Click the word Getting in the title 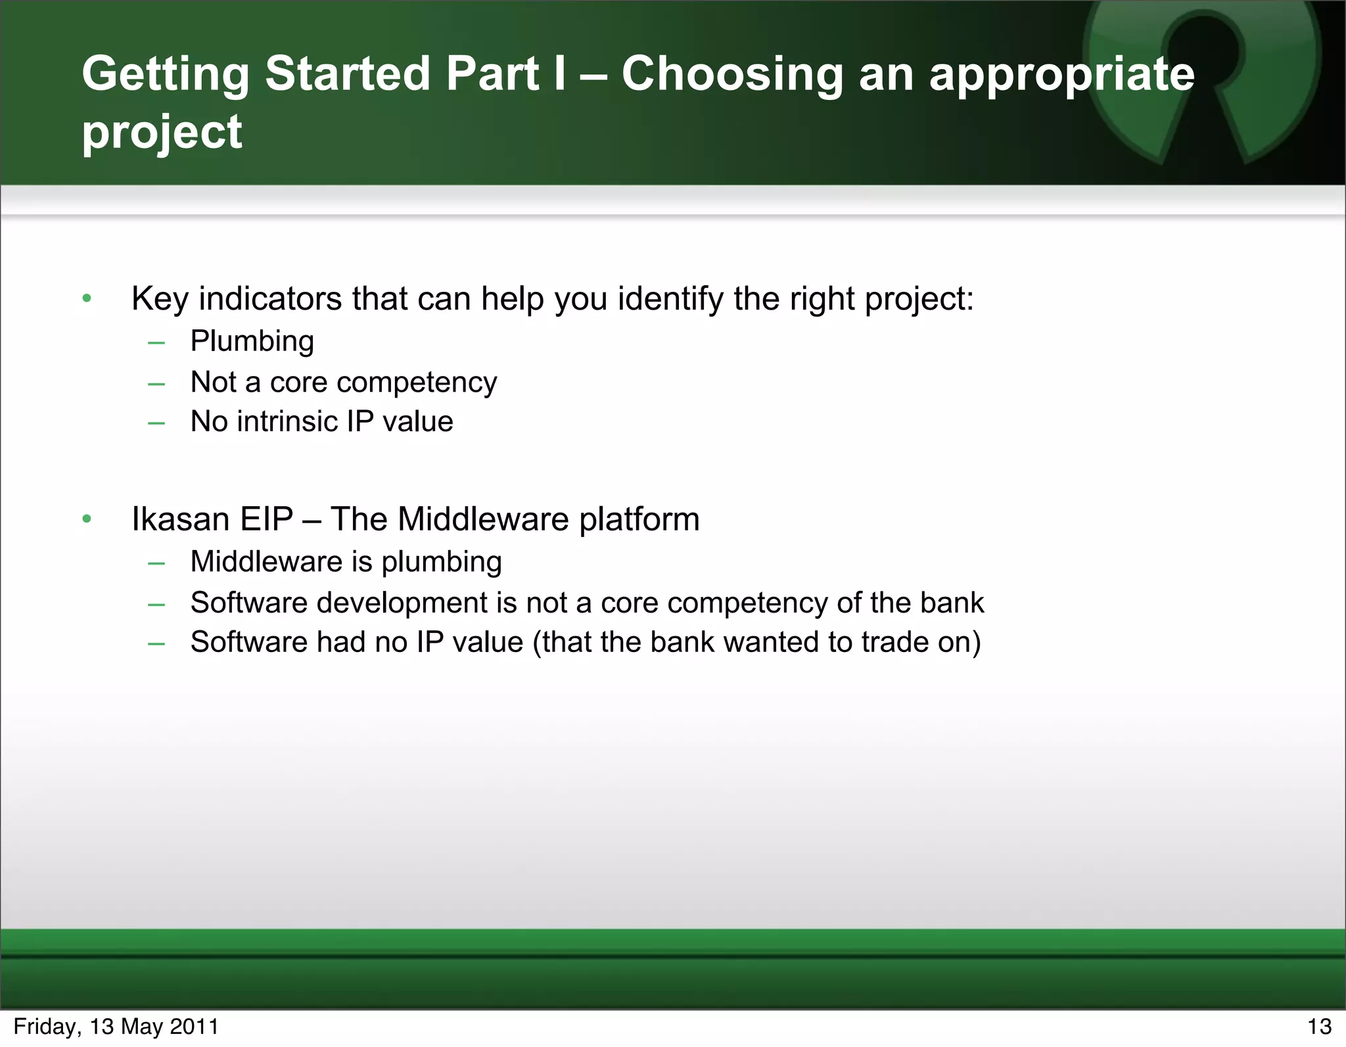tap(165, 74)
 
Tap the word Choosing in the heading tap(731, 74)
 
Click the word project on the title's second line tap(162, 131)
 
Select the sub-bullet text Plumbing tap(252, 341)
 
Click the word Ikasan tap(180, 519)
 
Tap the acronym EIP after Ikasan tap(266, 519)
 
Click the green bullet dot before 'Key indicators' tap(87, 300)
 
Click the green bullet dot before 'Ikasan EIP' tap(87, 520)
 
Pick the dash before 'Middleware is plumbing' tap(156, 563)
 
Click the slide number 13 tap(1318, 1027)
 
